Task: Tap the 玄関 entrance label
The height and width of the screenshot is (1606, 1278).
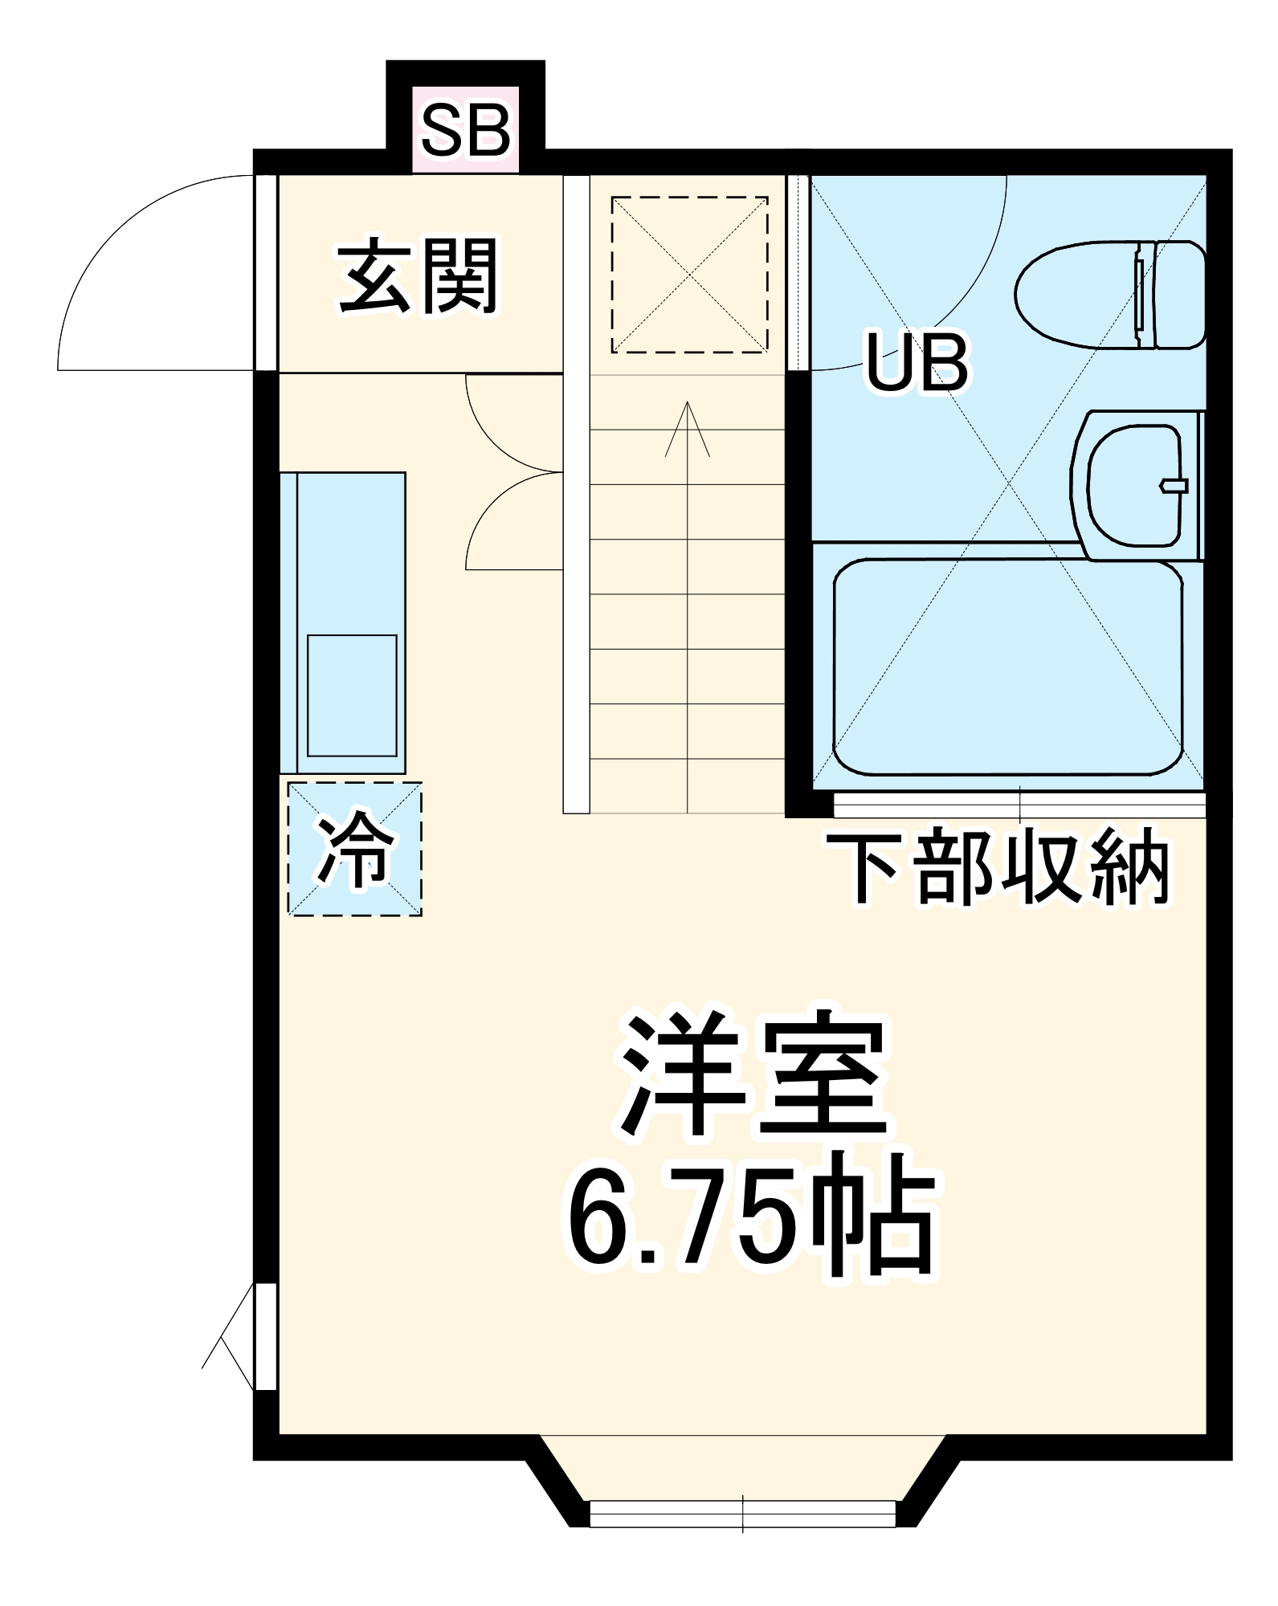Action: coord(418,277)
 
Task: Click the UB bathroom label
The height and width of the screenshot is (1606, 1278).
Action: coord(917,364)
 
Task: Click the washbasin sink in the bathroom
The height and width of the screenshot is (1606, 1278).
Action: coord(1133,487)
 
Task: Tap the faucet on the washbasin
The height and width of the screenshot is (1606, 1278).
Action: coord(1174,485)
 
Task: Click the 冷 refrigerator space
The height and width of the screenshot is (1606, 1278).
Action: coord(355,849)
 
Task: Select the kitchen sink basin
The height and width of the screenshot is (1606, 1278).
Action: coord(352,695)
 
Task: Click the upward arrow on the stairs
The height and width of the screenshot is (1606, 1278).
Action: coord(688,434)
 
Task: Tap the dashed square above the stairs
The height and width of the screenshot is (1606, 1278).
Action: coord(689,275)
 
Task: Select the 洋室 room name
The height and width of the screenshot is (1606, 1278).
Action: coord(753,1074)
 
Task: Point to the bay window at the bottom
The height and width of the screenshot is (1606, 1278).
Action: coord(742,1513)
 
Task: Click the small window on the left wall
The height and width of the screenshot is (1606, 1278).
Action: coord(266,1336)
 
